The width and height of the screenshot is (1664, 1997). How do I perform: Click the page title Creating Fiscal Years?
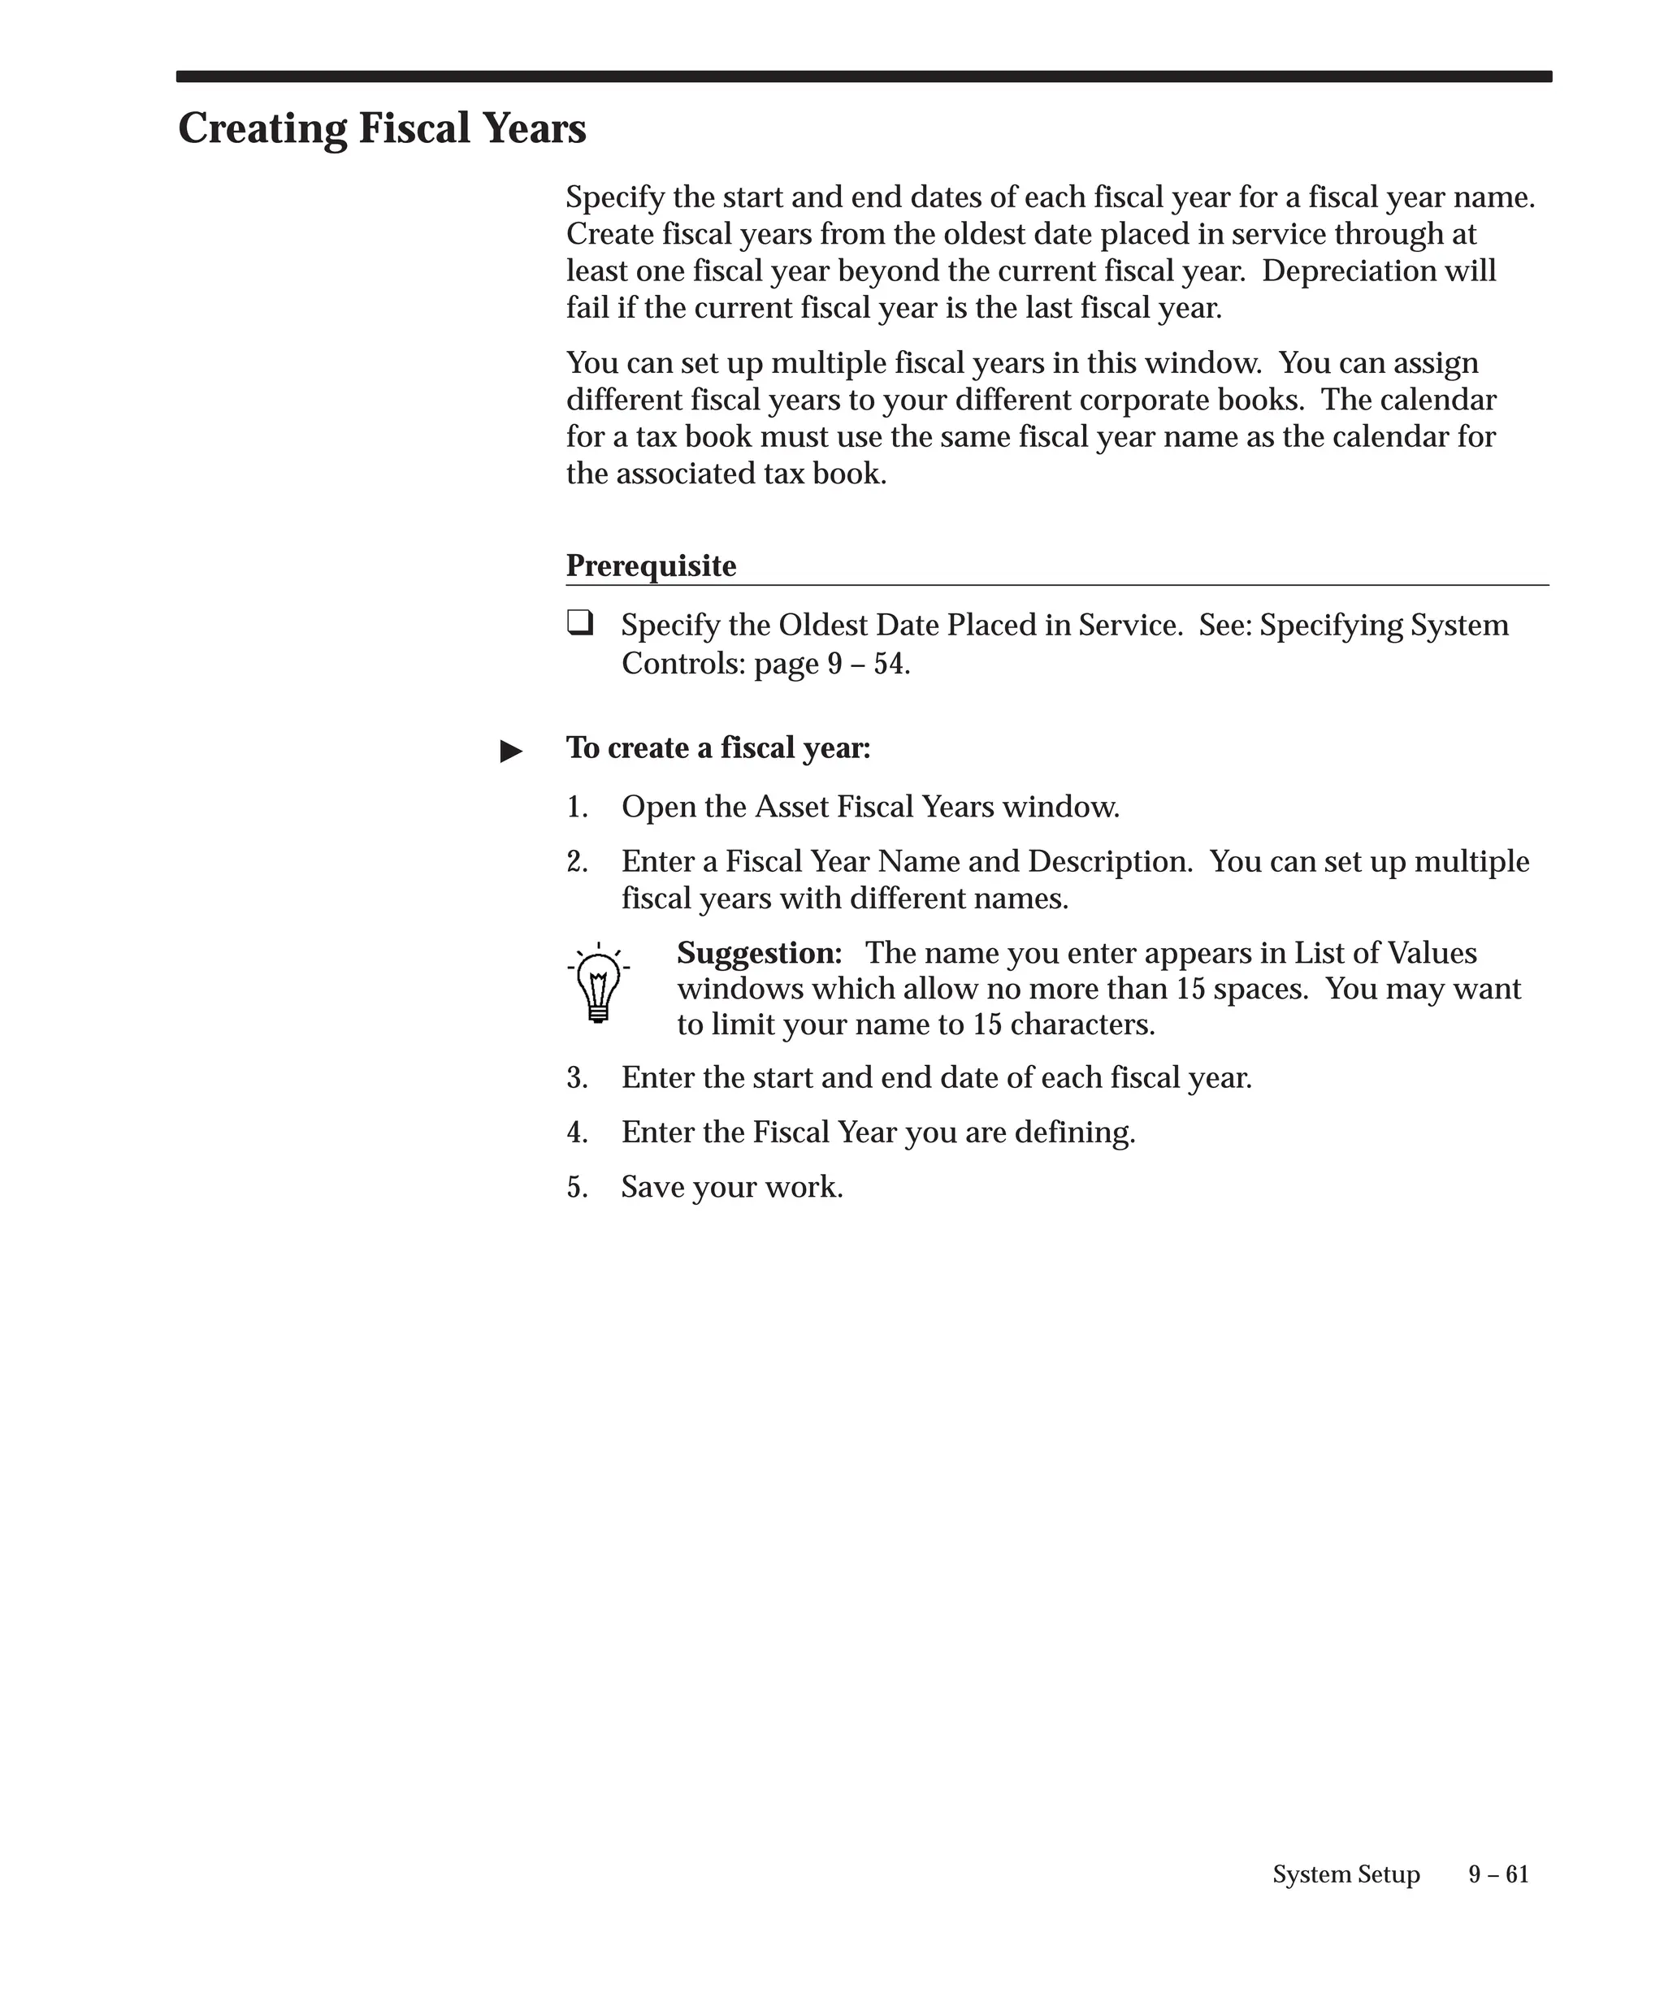pyautogui.click(x=381, y=129)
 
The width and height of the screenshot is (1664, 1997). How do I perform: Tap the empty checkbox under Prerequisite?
pyautogui.click(x=579, y=623)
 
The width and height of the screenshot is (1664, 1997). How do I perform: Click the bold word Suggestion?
pyautogui.click(x=759, y=953)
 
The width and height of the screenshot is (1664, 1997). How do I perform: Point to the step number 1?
pyautogui.click(x=576, y=808)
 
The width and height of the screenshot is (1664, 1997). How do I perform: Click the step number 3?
pyautogui.click(x=576, y=1078)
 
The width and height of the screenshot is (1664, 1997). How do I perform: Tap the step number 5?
pyautogui.click(x=576, y=1188)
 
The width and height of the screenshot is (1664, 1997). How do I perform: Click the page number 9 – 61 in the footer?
pyautogui.click(x=1497, y=1874)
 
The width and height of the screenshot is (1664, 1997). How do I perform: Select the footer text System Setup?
pyautogui.click(x=1345, y=1874)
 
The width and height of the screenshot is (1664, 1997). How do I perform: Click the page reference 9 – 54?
pyautogui.click(x=866, y=664)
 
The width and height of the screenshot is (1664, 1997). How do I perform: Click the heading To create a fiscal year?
pyautogui.click(x=718, y=748)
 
